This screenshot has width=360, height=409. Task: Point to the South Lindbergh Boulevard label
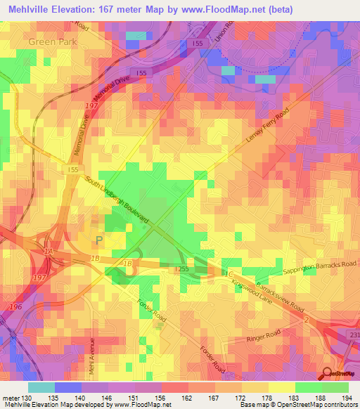(117, 201)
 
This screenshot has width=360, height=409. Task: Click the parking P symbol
(99, 240)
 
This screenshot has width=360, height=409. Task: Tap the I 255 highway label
(181, 269)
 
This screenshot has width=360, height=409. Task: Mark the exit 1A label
(49, 252)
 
